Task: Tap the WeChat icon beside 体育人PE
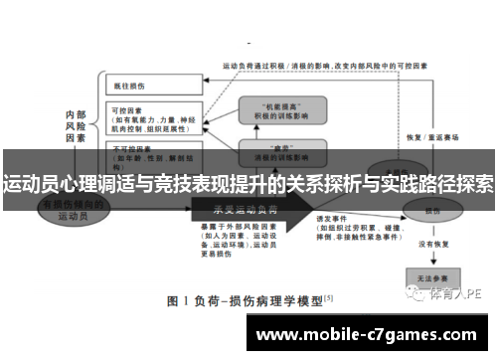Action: tap(419, 293)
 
